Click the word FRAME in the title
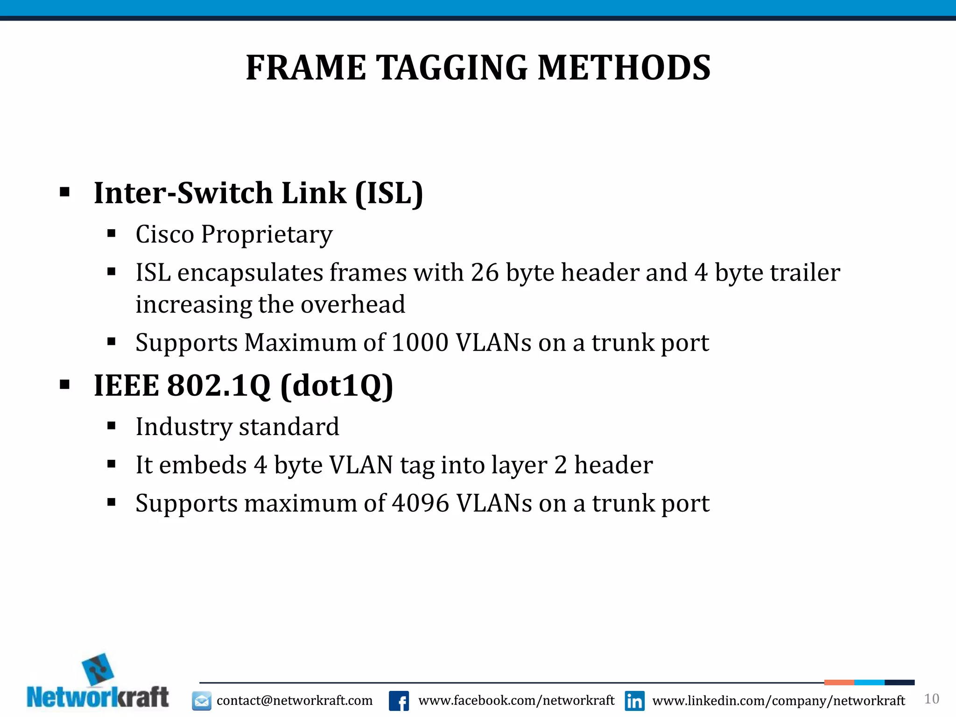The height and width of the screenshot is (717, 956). coord(306,68)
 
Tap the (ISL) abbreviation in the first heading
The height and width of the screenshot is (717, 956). coord(389,193)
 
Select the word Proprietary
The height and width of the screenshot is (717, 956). coord(267,234)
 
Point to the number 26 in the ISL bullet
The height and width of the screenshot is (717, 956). coord(485,273)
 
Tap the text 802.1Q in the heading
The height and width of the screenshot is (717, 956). coord(218,386)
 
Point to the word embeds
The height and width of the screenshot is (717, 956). coord(203,465)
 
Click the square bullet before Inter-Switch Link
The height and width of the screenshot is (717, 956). coord(65,192)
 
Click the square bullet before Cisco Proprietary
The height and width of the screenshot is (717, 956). coord(111,233)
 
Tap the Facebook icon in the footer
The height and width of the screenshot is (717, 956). coord(399,701)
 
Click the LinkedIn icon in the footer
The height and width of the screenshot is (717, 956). coord(634,701)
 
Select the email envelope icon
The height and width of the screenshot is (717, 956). coord(202,701)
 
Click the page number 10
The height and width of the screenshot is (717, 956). coord(931,699)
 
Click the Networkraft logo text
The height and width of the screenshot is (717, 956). coord(98,697)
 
